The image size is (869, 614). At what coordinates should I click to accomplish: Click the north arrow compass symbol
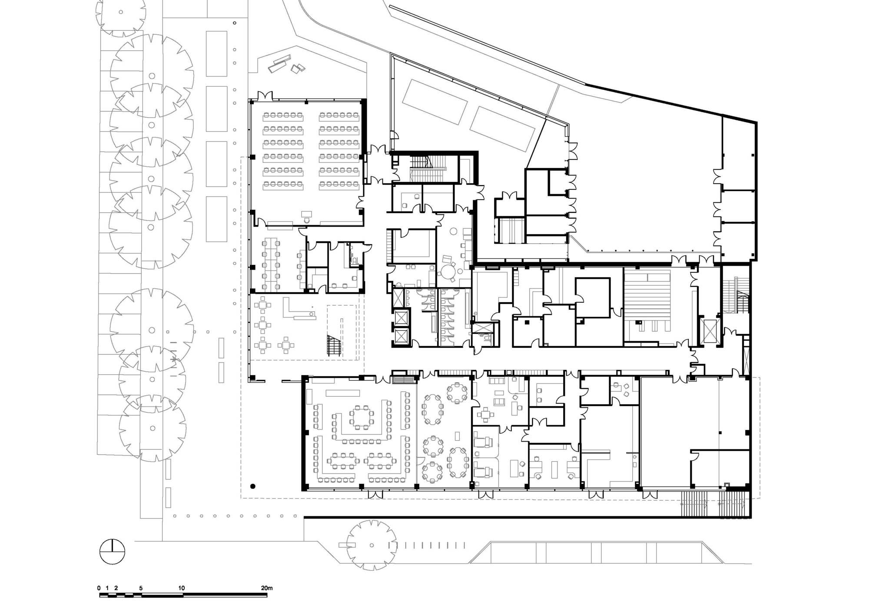coord(112,551)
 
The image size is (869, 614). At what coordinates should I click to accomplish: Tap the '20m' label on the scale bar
coord(266,588)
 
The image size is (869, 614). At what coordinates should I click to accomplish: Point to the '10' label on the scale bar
coord(181,588)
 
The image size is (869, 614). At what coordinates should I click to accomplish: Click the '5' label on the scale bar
coord(141,588)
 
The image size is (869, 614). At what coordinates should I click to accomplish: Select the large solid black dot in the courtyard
coord(253,486)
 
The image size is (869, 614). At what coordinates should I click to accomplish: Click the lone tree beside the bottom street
coord(372,545)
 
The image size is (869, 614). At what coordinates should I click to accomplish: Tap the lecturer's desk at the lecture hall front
coord(306,213)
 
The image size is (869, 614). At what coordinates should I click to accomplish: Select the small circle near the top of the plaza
coord(235,23)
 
